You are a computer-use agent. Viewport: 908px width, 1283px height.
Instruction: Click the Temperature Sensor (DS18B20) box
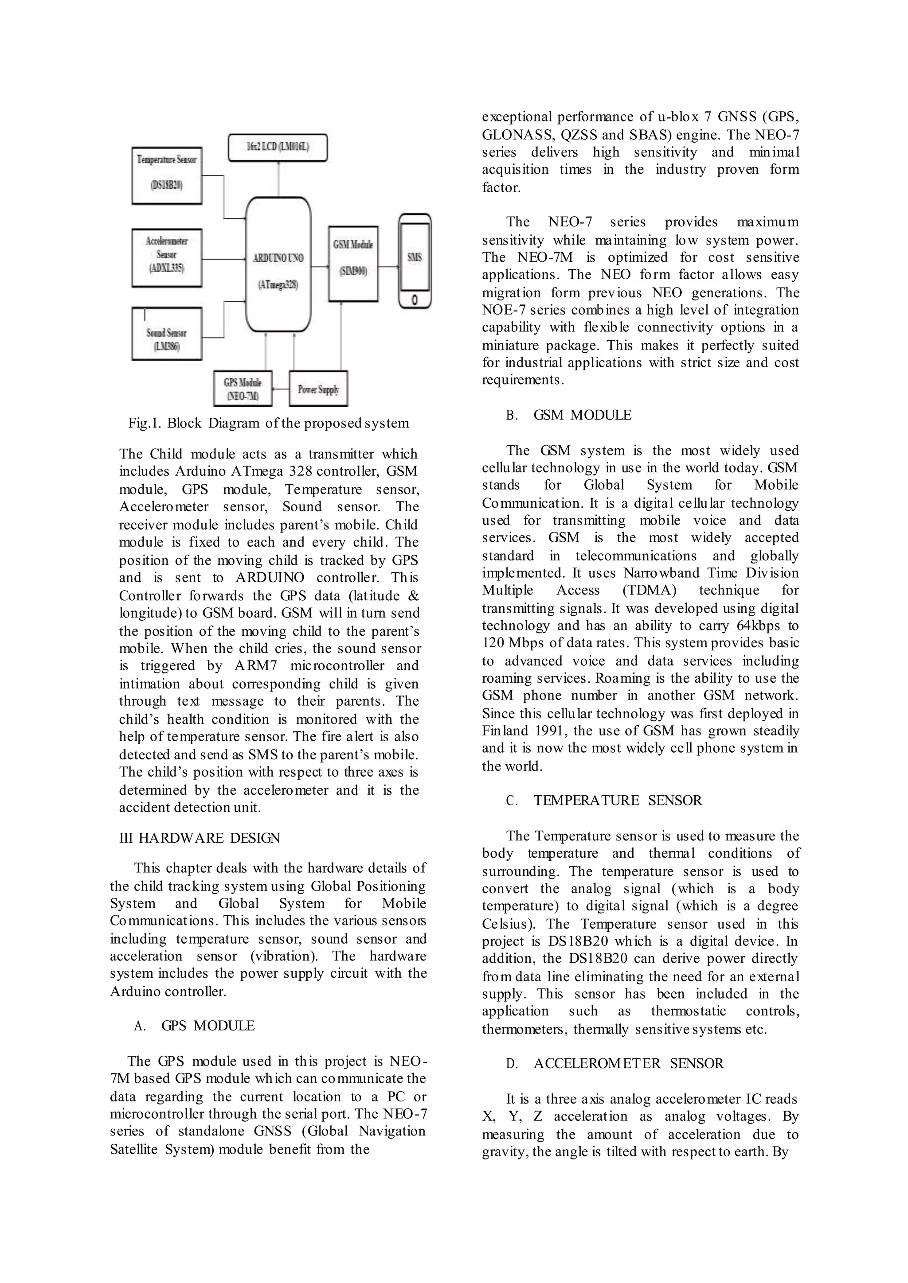167,175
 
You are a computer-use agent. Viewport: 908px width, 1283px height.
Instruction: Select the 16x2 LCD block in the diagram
278,148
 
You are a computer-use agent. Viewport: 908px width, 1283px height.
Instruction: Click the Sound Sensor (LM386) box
167,334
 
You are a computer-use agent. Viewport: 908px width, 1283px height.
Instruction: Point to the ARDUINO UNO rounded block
278,264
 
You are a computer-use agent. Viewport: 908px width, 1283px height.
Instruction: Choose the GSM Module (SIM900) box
353,264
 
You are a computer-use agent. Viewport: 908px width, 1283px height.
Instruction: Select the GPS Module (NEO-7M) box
243,389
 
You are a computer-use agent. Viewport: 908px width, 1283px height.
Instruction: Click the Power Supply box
318,389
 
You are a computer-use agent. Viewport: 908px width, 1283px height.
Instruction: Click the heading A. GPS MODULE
194,1026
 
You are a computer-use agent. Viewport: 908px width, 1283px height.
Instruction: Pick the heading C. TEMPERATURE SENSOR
603,800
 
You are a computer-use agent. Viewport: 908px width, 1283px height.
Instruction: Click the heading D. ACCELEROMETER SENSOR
614,1063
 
